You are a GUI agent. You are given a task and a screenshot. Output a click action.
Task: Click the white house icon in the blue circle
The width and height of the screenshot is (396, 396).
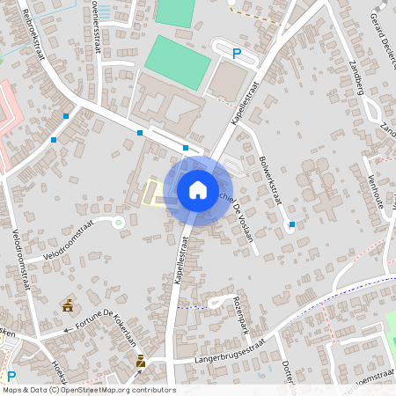click(197, 190)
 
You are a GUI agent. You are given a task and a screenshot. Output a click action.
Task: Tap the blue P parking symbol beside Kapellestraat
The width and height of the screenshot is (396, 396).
click(236, 55)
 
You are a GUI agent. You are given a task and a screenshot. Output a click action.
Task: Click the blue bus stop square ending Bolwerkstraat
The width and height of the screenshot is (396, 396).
click(292, 224)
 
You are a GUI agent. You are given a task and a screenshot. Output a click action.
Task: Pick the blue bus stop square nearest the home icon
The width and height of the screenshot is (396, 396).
click(186, 148)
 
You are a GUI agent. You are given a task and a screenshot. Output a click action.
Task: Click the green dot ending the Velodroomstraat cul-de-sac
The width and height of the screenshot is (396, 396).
click(119, 222)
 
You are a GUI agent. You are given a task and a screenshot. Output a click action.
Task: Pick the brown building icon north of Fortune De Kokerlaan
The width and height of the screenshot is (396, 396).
click(68, 305)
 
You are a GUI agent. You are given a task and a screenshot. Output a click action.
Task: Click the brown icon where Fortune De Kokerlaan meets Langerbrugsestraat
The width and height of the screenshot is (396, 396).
click(141, 360)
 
